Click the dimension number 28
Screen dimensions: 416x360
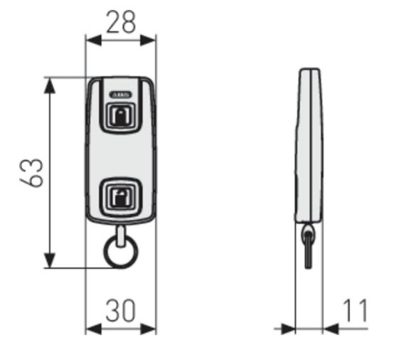(x=121, y=22)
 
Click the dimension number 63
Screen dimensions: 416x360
(x=31, y=173)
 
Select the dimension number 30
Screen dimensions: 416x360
(x=121, y=310)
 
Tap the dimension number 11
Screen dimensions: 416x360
(x=356, y=310)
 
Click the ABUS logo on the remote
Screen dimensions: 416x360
(x=120, y=95)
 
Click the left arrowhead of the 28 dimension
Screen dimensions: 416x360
(x=94, y=41)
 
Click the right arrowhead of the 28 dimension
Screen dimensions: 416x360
(x=148, y=41)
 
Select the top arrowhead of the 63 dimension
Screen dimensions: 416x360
(x=50, y=86)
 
